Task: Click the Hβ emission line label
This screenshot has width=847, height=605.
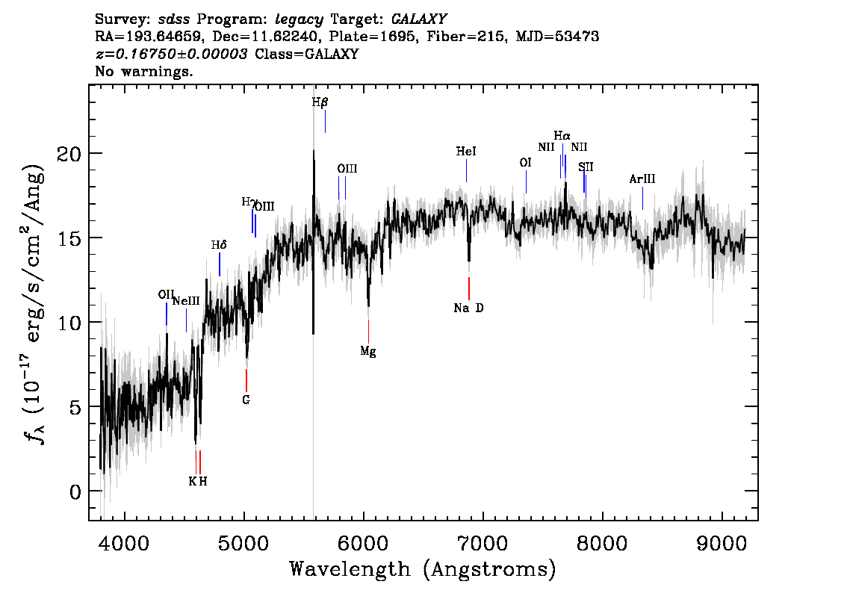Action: point(320,102)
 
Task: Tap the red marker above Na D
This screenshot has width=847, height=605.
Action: point(469,288)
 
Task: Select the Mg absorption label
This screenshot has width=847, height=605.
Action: point(368,352)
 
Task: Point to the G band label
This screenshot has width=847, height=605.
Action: point(246,400)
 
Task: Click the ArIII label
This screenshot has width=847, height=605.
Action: point(642,179)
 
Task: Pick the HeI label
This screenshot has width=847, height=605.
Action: point(466,151)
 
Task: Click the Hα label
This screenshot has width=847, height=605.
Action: point(562,136)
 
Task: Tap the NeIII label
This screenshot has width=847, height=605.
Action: point(187,302)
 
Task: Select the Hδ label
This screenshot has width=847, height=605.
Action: point(219,245)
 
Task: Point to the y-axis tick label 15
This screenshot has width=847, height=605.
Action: point(69,238)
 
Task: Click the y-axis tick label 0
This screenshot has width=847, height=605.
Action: point(75,491)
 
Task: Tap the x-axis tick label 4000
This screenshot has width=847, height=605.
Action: point(125,544)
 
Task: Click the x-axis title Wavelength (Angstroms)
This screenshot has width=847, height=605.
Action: point(423,570)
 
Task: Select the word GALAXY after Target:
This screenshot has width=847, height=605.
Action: point(419,19)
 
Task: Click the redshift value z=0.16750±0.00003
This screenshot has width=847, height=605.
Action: point(171,54)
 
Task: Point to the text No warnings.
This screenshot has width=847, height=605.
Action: point(143,71)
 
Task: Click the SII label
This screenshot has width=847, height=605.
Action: point(586,167)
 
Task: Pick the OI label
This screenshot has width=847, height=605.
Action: point(526,163)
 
